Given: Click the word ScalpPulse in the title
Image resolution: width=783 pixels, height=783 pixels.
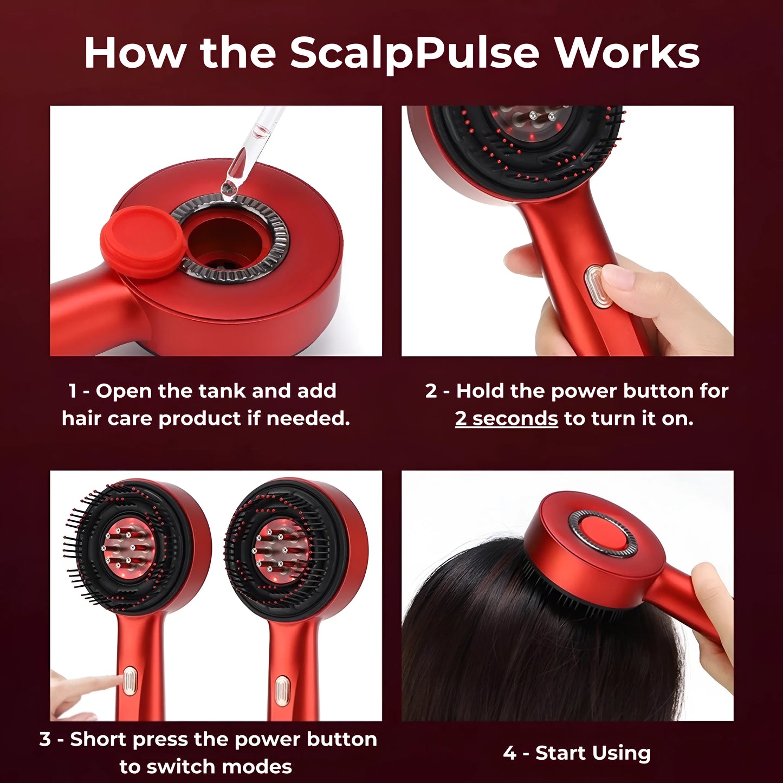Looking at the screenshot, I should (x=415, y=53).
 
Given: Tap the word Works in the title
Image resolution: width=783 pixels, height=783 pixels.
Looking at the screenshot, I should (x=627, y=53).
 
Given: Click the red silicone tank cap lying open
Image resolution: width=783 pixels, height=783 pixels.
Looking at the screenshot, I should (x=143, y=242).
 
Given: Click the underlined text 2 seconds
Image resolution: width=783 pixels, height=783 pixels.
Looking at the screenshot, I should (x=506, y=418).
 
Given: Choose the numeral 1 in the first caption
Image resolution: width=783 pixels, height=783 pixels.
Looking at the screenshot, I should (x=73, y=391).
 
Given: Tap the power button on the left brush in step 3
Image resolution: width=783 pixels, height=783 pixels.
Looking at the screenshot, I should (x=130, y=681).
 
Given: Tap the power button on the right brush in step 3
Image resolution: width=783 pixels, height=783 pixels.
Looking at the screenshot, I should (x=281, y=691).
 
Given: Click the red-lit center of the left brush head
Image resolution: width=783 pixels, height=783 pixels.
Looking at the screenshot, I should (x=129, y=548).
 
